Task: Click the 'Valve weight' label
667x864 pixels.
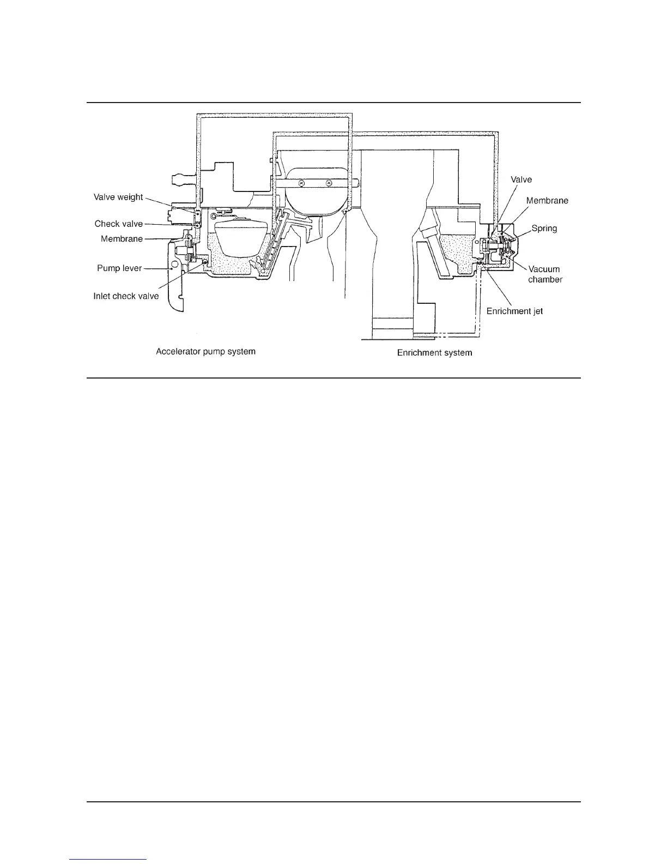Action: tap(118, 197)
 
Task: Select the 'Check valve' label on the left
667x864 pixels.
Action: tap(118, 224)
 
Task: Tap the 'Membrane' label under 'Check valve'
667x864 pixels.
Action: tap(122, 239)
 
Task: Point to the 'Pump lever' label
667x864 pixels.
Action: tap(119, 268)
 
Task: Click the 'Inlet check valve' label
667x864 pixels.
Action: tap(126, 296)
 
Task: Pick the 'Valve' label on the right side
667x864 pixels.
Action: tap(521, 179)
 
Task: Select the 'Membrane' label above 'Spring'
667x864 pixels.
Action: tap(547, 201)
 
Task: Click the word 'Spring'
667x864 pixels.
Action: tap(544, 229)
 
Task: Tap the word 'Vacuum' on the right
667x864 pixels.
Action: tap(544, 269)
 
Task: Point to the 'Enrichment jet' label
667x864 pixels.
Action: tap(514, 311)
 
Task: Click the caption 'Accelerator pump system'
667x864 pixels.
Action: tap(205, 352)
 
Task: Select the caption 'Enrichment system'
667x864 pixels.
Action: tap(434, 353)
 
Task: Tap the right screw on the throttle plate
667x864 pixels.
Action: tap(329, 183)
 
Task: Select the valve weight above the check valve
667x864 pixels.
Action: tap(197, 214)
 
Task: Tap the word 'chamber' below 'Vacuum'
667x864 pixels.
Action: tap(545, 279)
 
